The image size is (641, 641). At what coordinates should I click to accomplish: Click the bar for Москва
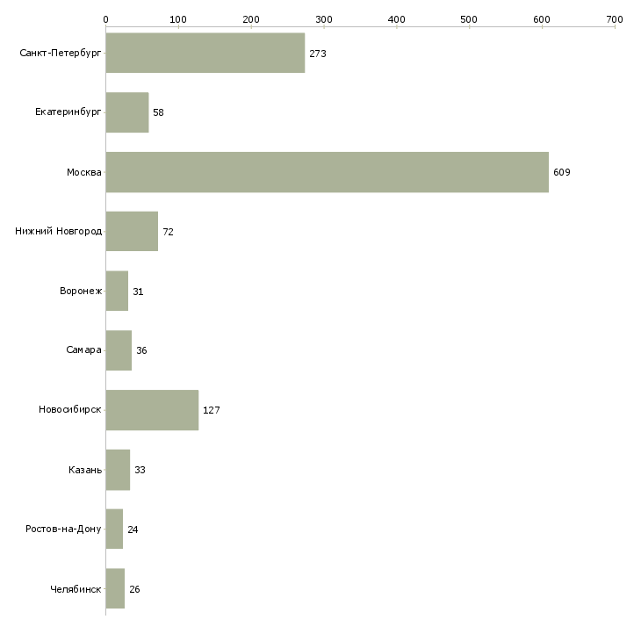[327, 172]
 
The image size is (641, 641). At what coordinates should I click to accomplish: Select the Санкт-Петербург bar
[205, 53]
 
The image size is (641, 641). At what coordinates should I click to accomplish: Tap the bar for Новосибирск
[152, 410]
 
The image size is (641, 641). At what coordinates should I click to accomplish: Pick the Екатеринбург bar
[127, 112]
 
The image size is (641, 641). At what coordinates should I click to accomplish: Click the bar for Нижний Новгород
[132, 232]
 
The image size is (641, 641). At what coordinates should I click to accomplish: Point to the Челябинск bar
[115, 588]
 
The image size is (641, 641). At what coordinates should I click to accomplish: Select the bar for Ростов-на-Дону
[114, 529]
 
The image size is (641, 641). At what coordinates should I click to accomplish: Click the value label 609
[562, 172]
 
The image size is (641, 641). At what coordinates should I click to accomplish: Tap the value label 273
[318, 54]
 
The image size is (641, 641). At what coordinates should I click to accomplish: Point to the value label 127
[212, 410]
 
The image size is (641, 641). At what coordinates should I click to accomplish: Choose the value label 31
[138, 292]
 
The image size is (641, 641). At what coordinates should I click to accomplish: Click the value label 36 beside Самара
[141, 350]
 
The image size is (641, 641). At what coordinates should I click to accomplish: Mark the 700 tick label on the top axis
[615, 19]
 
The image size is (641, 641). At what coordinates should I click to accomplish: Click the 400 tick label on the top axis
[397, 19]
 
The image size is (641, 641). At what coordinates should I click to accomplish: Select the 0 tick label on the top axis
[106, 19]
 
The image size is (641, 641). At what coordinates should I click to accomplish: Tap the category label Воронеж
[81, 291]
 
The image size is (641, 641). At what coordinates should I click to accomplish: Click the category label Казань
[85, 470]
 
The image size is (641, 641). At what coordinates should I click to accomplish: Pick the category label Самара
[83, 350]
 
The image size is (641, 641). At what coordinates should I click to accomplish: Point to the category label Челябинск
[76, 589]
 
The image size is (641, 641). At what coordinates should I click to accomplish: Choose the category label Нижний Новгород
[59, 231]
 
